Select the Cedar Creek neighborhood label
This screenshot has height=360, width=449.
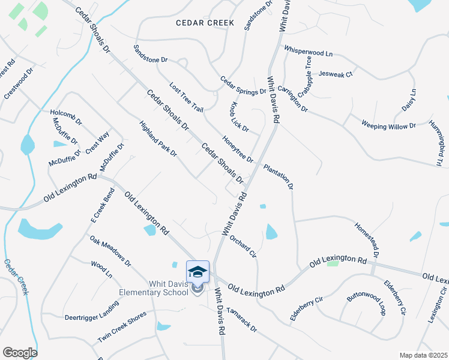(205, 23)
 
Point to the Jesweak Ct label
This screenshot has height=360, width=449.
(336, 74)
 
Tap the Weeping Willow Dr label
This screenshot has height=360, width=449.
(388, 125)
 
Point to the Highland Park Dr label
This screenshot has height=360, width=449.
(158, 139)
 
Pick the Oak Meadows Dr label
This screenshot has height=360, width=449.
(110, 251)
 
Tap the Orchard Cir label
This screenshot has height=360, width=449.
(243, 246)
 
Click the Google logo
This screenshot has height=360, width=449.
(20, 352)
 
